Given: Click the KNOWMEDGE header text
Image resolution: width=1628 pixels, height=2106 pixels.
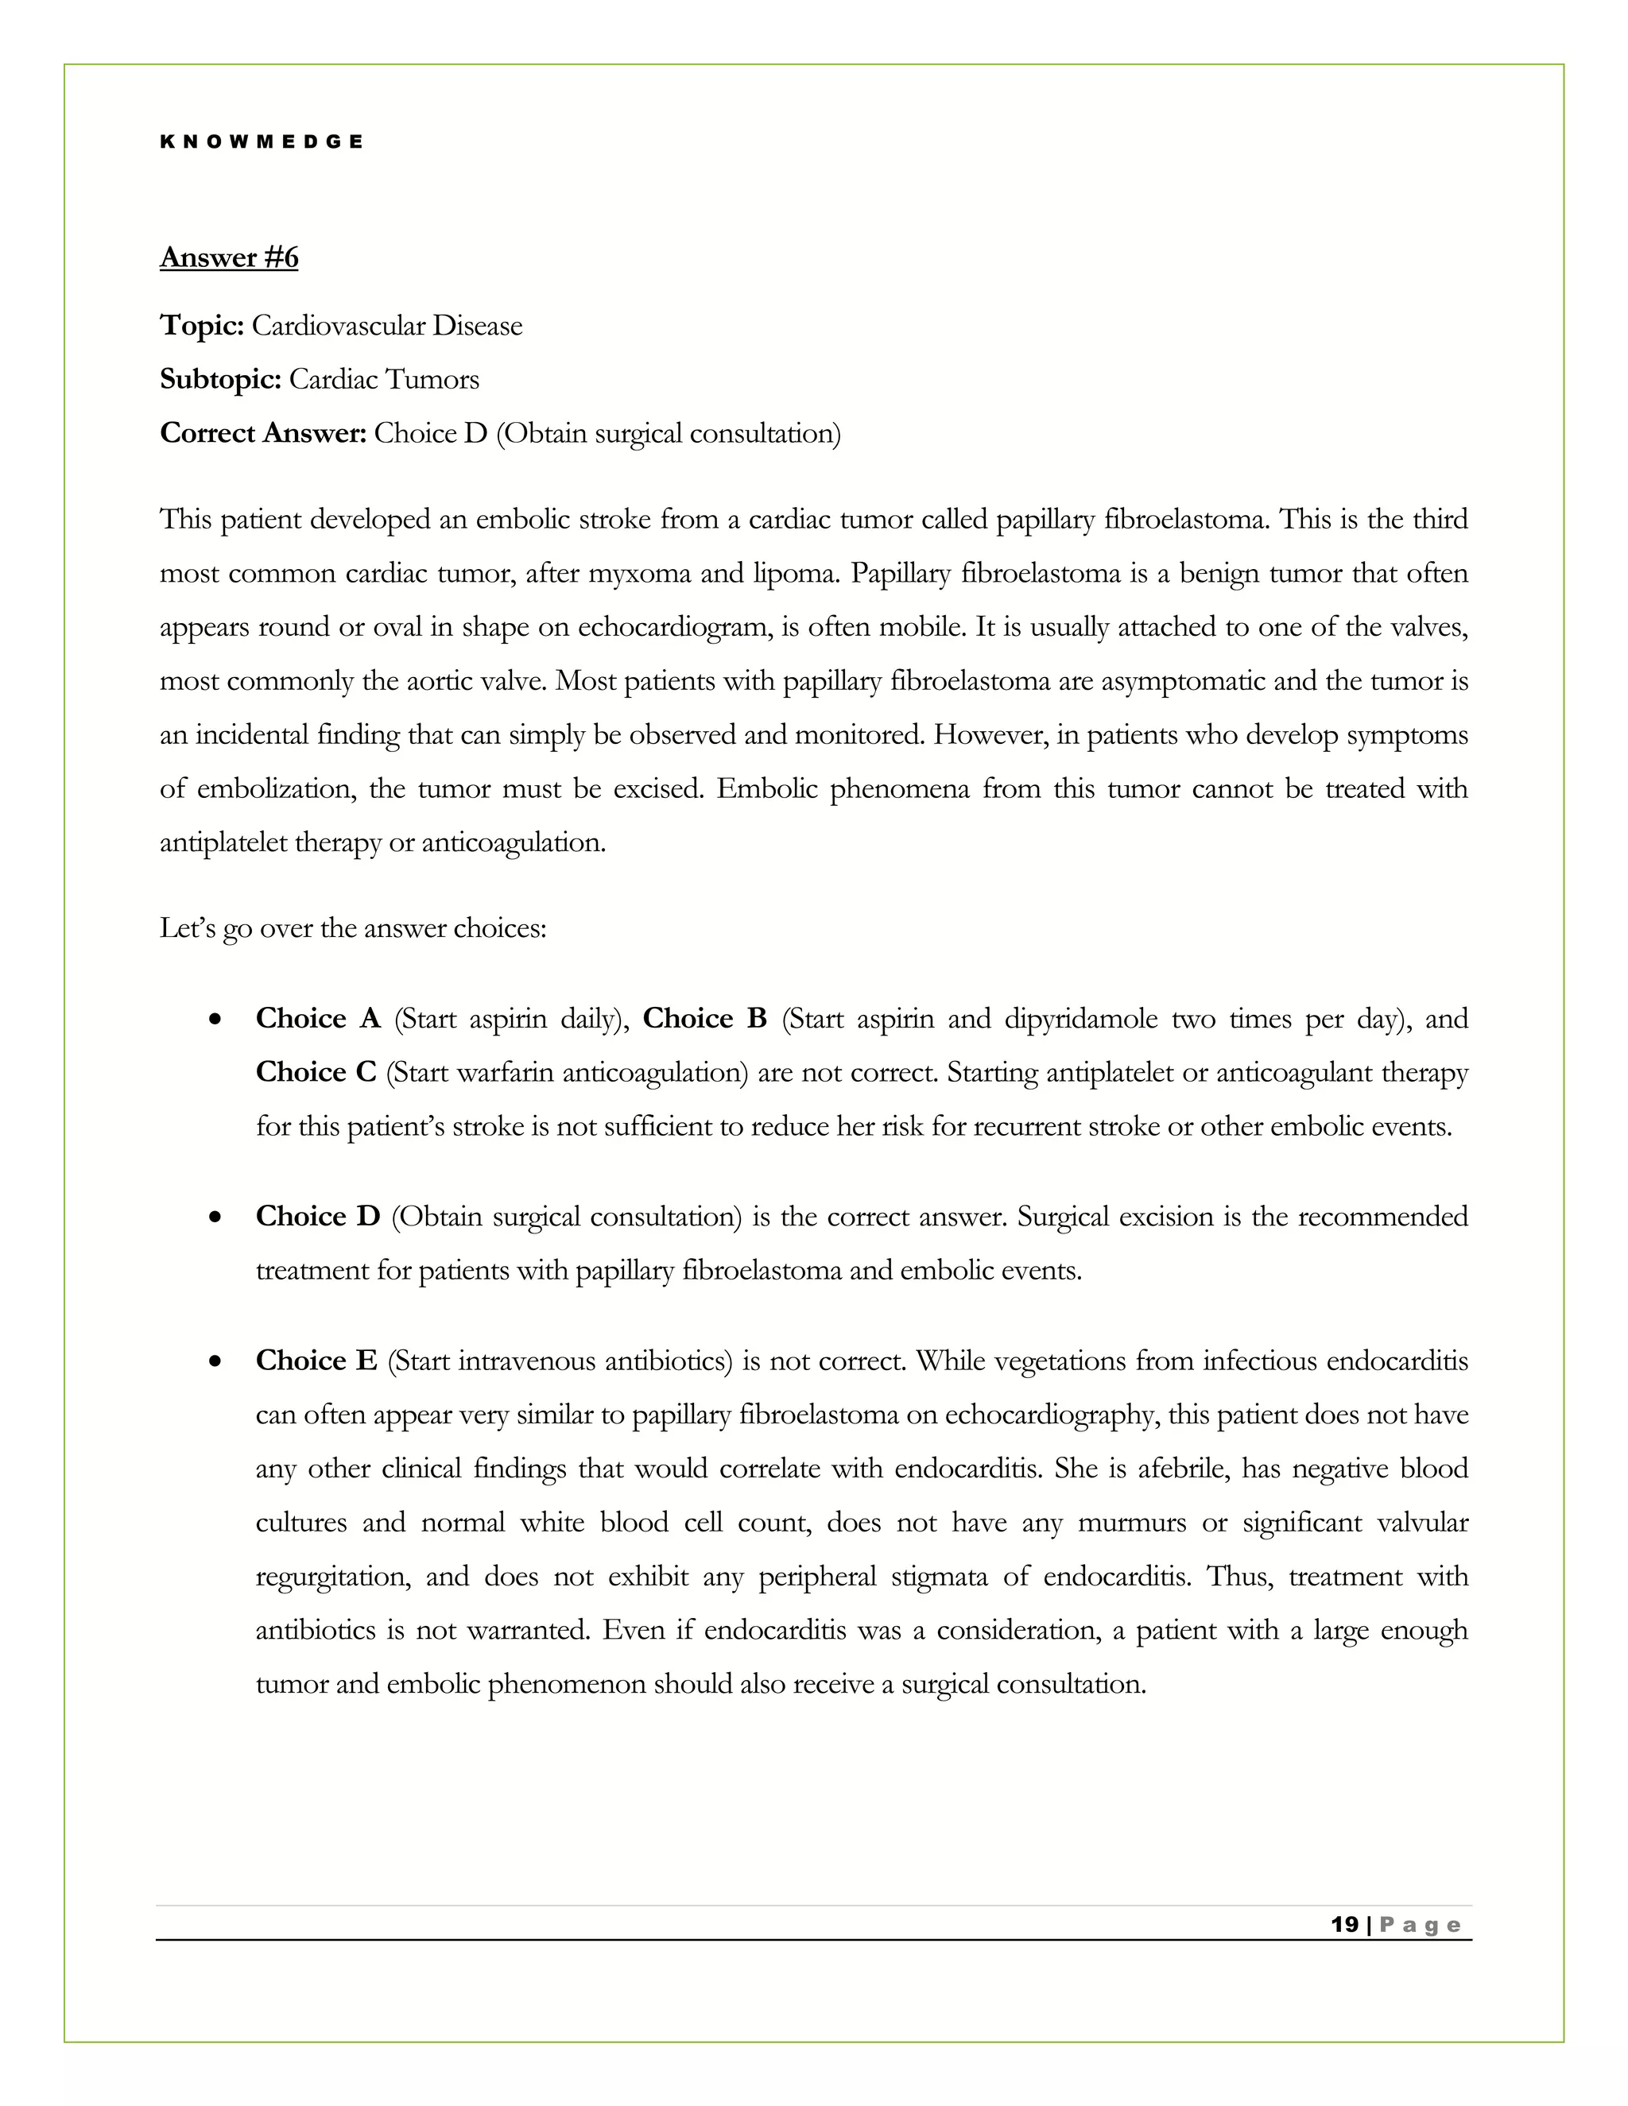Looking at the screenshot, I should click(x=262, y=141).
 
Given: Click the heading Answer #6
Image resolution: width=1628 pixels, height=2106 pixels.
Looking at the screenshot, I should click(x=229, y=257).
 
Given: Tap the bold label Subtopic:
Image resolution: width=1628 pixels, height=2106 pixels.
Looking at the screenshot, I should click(x=220, y=380).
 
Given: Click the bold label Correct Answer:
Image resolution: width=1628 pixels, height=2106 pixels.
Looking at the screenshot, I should click(x=262, y=434).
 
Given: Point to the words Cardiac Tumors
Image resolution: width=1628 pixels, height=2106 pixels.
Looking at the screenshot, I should click(x=384, y=380).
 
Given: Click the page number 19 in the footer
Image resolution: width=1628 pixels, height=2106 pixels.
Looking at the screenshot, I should click(x=1343, y=1925).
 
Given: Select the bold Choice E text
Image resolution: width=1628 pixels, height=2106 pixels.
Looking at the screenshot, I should click(x=316, y=1361).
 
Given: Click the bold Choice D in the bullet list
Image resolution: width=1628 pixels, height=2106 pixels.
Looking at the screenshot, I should click(x=317, y=1217).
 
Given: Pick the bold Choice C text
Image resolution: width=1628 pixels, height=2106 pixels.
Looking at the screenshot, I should click(x=316, y=1072).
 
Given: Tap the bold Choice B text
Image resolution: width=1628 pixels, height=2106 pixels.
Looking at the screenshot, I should click(x=704, y=1020).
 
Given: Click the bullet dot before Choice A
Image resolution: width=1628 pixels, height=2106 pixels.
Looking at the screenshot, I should click(x=216, y=1020).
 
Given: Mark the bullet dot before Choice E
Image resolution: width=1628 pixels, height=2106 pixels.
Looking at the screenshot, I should click(x=216, y=1361).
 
